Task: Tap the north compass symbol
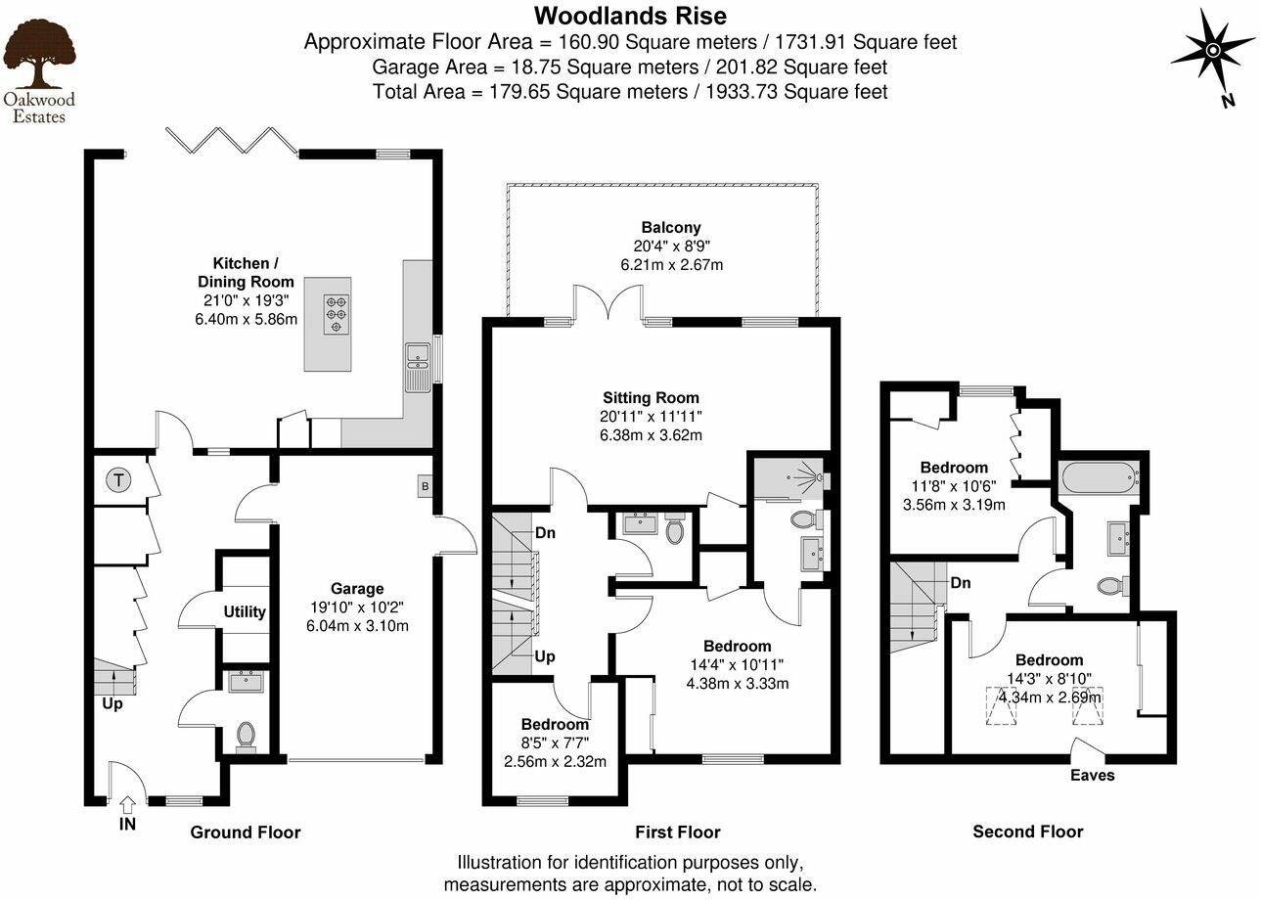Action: click(1212, 50)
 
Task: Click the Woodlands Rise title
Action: click(630, 16)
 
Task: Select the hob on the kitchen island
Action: click(336, 315)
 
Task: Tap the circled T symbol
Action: click(118, 480)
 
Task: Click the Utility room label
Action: click(245, 612)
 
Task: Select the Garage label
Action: click(356, 589)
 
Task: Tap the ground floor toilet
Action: click(245, 735)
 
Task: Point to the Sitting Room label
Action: click(651, 398)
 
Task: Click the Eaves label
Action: click(1092, 775)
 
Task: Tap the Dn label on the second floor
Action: click(960, 583)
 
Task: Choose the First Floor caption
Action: click(677, 832)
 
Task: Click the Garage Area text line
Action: click(630, 67)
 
